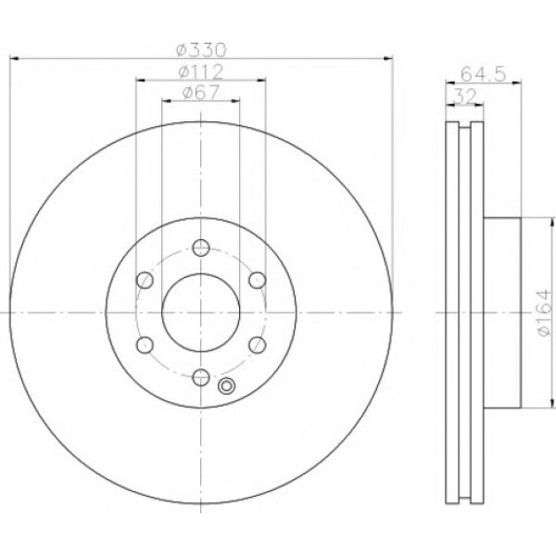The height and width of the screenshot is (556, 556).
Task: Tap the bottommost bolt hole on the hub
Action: tap(200, 375)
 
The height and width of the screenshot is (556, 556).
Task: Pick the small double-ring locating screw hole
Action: tap(226, 388)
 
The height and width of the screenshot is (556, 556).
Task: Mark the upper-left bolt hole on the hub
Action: tap(144, 280)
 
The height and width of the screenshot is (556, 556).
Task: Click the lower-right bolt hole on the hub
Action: tap(257, 344)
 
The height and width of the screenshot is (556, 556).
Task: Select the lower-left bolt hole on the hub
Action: tap(144, 344)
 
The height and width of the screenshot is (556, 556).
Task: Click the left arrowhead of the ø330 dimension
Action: tap(13, 59)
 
